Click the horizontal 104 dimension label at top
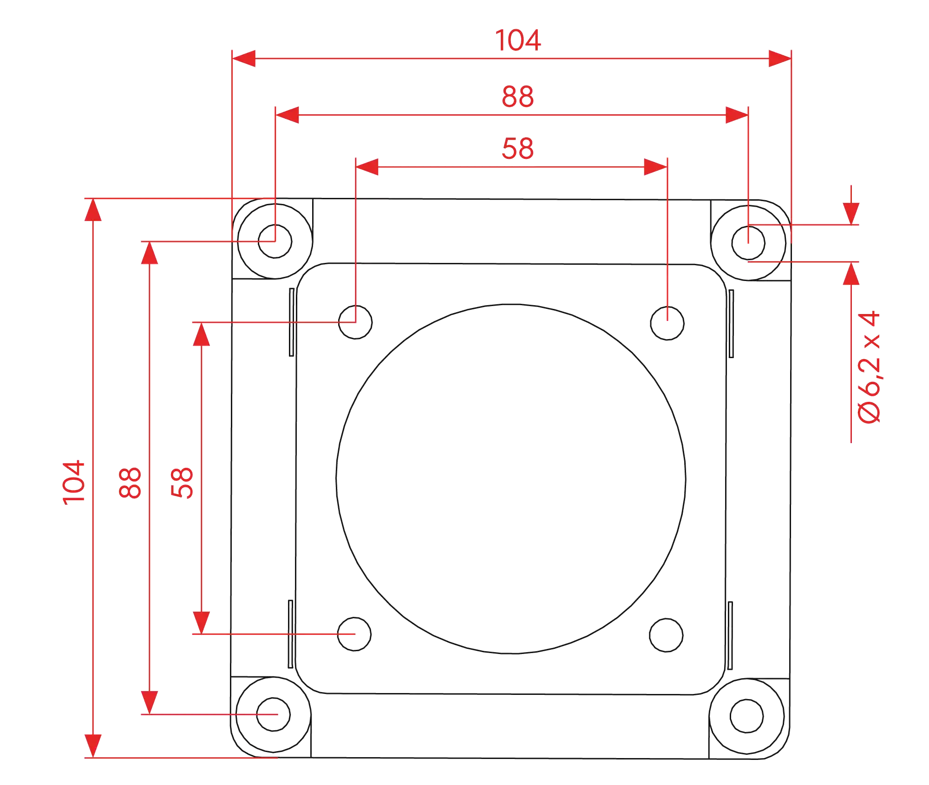pos(518,40)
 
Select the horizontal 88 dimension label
pos(518,97)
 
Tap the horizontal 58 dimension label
pos(518,149)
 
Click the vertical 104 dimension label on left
pos(74,483)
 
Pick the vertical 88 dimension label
pos(130,483)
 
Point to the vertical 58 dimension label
pos(182,483)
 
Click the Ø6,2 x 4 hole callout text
pos(869,367)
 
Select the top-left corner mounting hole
pos(275,241)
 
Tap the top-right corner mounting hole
pos(748,243)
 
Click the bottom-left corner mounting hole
pos(274,714)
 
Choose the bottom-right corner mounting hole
pos(747,716)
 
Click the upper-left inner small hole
pos(355,322)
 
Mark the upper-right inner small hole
pos(667,323)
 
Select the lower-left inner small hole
pos(354,634)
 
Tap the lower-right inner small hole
pos(667,635)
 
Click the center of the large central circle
pos(511,479)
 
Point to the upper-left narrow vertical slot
pos(292,322)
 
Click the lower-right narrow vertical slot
pos(730,635)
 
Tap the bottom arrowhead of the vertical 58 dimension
pos(201,622)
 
